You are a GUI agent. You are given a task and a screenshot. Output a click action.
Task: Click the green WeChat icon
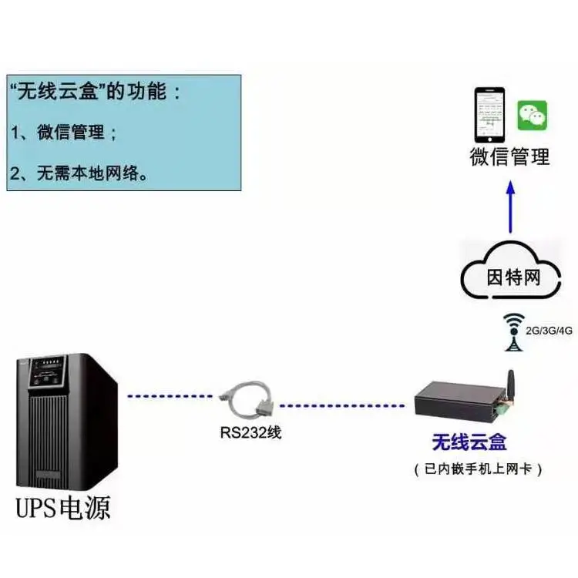click(532, 116)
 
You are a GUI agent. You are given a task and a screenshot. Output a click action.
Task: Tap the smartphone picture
click(489, 115)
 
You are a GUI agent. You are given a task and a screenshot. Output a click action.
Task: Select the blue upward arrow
click(510, 207)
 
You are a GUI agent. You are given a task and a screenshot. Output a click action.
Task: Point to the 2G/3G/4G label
click(549, 331)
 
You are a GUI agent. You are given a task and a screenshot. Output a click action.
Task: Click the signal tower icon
click(513, 332)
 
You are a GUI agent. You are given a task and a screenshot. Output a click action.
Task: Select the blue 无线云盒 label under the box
click(469, 442)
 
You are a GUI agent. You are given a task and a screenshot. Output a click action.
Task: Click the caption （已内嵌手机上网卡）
click(478, 469)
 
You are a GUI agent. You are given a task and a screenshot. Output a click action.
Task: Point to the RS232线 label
click(250, 432)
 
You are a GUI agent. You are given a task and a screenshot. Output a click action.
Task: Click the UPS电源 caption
click(63, 509)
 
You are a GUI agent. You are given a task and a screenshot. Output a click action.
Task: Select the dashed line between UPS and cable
click(170, 396)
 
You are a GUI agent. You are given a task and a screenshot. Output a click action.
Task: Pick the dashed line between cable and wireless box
click(342, 406)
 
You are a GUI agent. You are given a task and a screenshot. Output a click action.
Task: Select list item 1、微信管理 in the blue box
click(64, 132)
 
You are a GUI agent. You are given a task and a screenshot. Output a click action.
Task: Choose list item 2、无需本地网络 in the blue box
click(79, 173)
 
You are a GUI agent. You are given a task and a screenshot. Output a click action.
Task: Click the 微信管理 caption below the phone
click(510, 156)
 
